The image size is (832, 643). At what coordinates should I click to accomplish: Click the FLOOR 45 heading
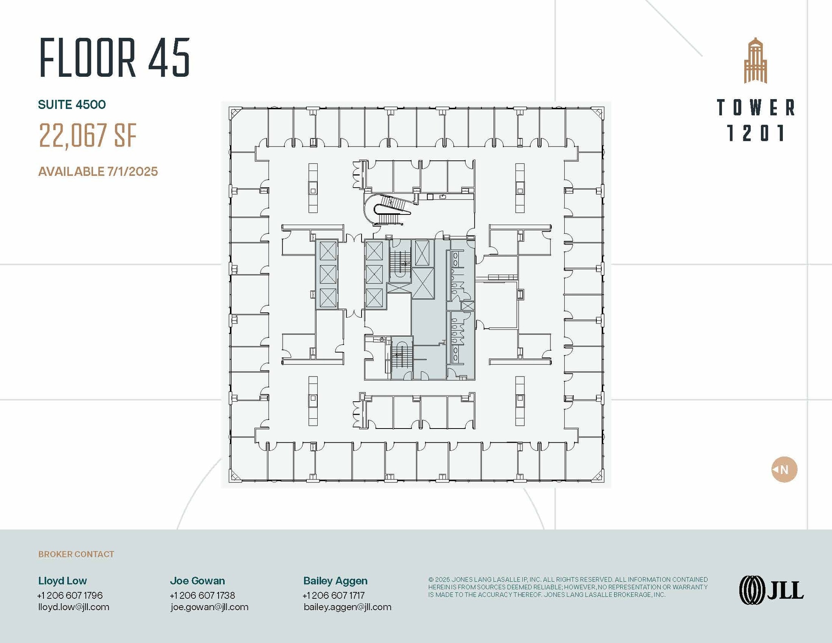click(x=115, y=58)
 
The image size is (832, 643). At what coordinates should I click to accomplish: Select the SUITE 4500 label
click(x=72, y=105)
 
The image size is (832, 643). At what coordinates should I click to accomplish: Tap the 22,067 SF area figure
click(x=87, y=136)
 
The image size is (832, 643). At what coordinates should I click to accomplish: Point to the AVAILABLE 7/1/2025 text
click(x=98, y=171)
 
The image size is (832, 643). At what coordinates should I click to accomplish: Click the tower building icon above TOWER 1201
click(x=755, y=61)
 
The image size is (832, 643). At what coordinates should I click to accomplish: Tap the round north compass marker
click(x=784, y=470)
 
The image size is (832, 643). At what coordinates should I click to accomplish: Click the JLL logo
click(x=771, y=590)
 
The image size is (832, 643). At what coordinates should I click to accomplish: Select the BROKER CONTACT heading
click(x=76, y=554)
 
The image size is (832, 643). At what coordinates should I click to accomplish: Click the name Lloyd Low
click(x=63, y=581)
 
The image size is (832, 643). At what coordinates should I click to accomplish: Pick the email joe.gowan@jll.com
click(x=209, y=607)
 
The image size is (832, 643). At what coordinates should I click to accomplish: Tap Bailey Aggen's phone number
click(x=334, y=595)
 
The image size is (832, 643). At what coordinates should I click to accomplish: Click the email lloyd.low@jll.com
click(x=74, y=607)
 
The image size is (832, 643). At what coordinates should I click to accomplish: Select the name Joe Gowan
click(x=197, y=581)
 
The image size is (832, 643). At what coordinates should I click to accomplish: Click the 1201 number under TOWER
click(x=755, y=133)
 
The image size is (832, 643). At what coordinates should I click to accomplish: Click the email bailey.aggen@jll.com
click(x=347, y=607)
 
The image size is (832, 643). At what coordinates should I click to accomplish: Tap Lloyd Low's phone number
click(x=70, y=595)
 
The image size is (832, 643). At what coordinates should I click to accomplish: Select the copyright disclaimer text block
click(x=568, y=587)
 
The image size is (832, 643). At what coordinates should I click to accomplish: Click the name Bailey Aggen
click(x=335, y=581)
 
